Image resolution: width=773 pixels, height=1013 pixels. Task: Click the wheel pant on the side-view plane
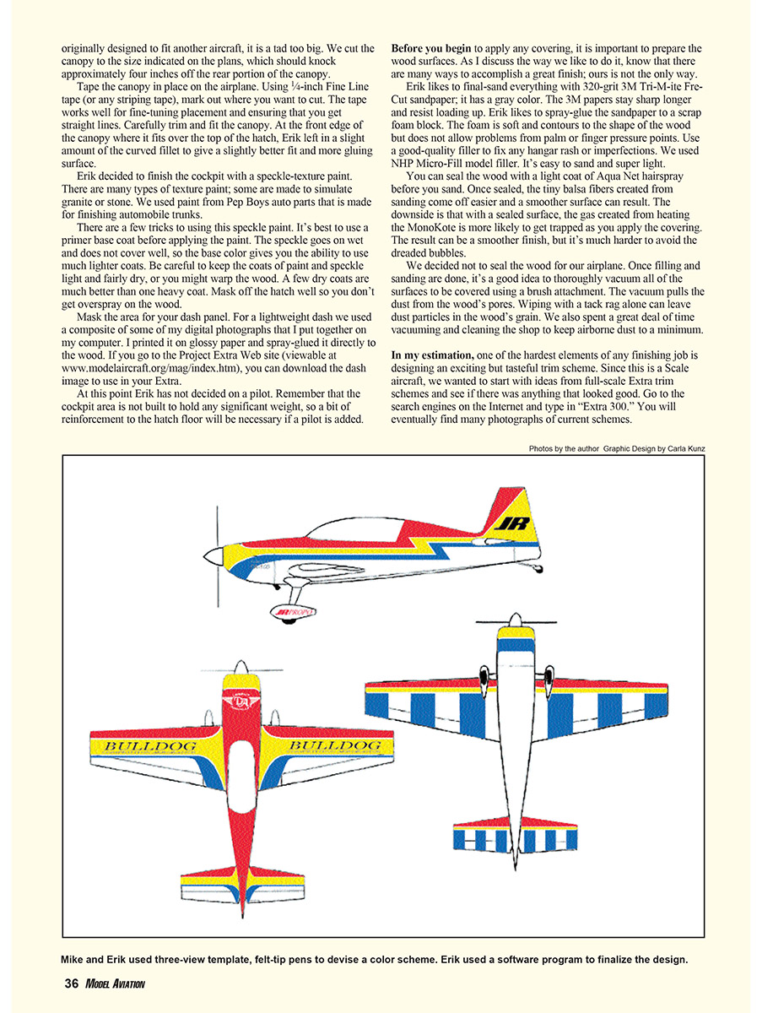(x=293, y=612)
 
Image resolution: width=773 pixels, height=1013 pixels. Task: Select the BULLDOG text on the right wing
(x=334, y=746)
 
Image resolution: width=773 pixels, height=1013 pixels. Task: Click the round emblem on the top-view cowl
(x=242, y=702)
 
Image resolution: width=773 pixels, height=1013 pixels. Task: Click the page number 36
(x=72, y=983)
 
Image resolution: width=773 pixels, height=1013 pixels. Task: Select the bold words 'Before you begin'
(x=431, y=48)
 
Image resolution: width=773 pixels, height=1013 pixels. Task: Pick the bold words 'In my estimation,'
(x=433, y=355)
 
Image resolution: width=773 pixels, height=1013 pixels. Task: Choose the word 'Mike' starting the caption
(x=73, y=959)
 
